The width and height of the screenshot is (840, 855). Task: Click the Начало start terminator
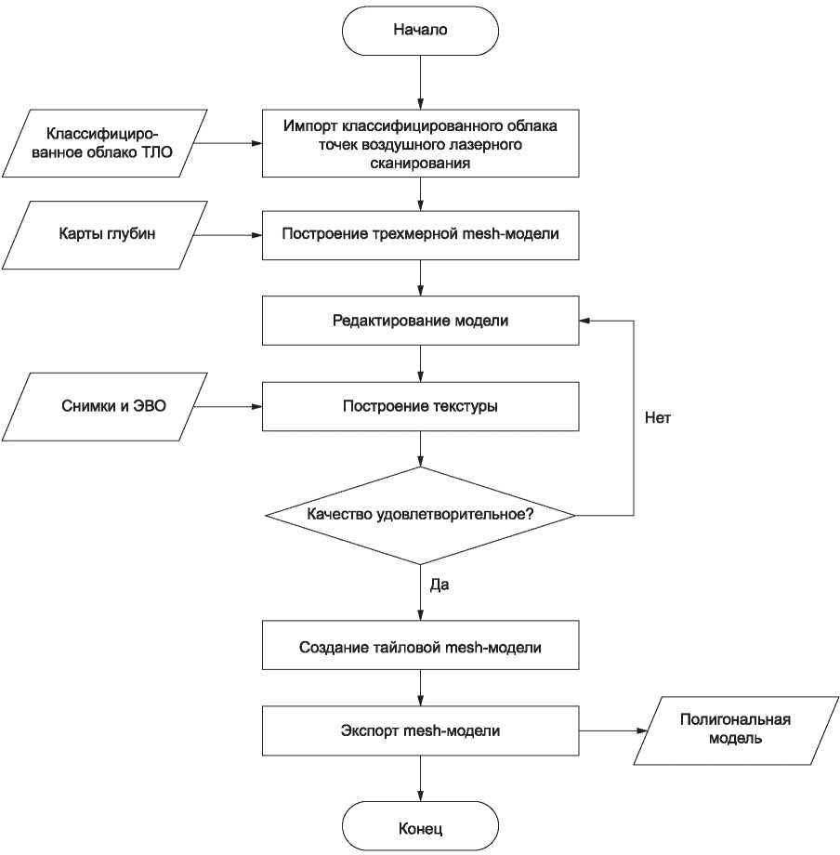pos(420,31)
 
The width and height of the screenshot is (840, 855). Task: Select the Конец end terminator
pos(420,826)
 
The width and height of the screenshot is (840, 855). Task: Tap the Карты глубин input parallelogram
pos(105,235)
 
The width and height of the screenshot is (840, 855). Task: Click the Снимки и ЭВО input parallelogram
pos(105,407)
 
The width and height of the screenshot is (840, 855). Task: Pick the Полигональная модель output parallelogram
pos(736,730)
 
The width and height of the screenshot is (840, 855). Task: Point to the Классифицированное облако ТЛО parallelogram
pos(105,143)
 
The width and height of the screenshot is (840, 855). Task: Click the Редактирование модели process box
pos(420,321)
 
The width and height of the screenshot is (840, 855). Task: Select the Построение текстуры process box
pos(420,407)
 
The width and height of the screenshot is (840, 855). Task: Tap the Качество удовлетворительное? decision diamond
pos(420,515)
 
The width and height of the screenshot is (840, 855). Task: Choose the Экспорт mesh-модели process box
pos(420,730)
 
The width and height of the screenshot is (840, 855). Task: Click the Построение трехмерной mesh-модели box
pos(420,235)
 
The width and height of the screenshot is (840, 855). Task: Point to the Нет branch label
pos(657,417)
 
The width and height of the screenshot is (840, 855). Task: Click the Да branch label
pos(440,585)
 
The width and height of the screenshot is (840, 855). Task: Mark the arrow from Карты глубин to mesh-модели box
pos(229,235)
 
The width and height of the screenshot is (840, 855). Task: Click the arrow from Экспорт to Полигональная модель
pos(612,730)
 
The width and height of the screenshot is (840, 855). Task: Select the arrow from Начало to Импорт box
pos(420,83)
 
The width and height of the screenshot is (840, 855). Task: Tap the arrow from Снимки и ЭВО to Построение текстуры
pos(229,407)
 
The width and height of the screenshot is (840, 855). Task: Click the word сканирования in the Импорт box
pos(420,163)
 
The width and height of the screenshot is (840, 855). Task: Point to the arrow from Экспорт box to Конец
pos(420,779)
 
